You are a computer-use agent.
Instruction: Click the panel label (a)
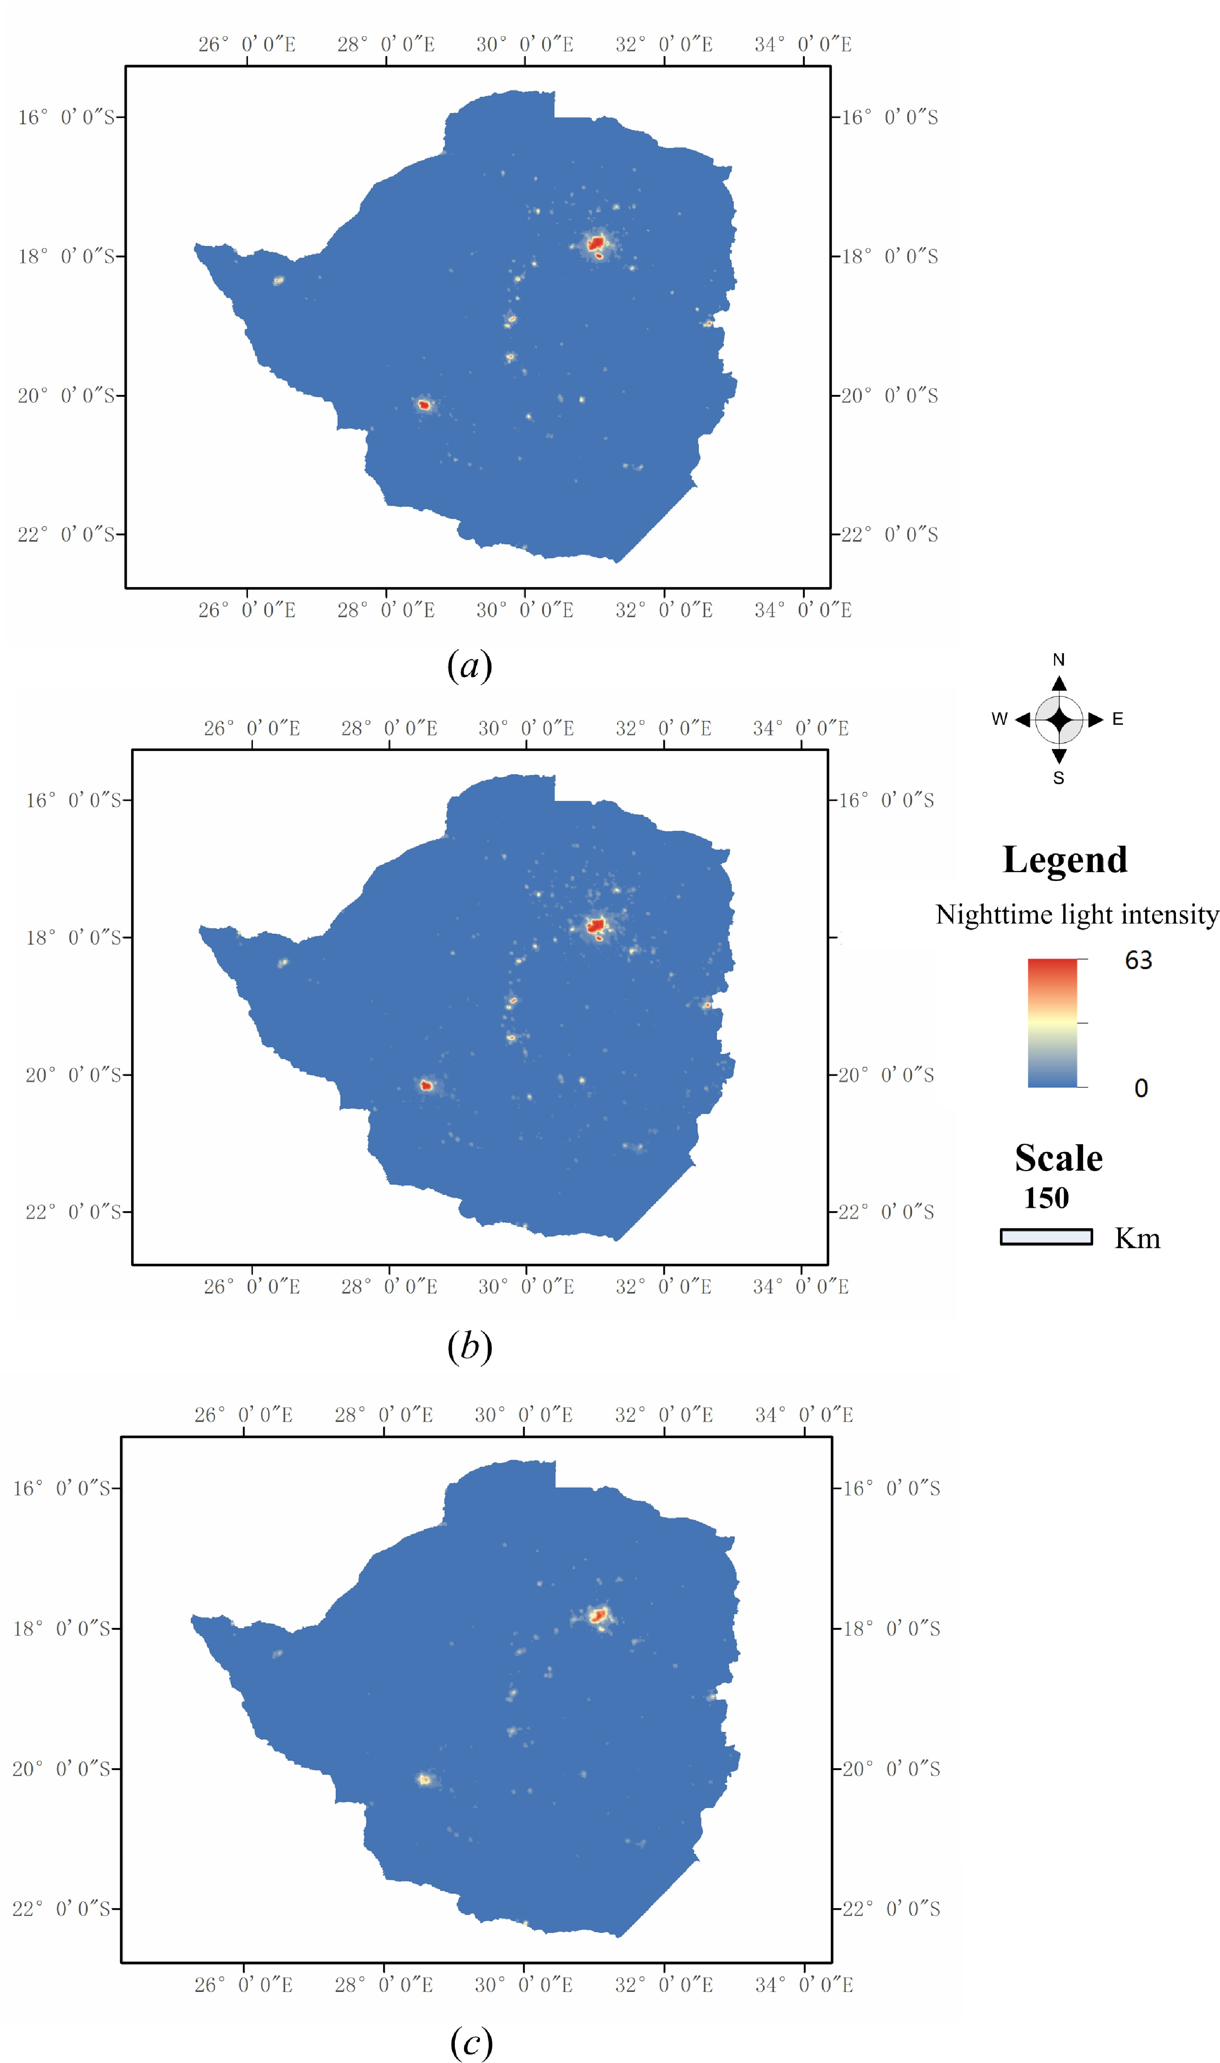coord(469,665)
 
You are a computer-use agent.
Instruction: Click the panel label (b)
coord(469,1346)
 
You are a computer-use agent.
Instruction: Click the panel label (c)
coord(471,2042)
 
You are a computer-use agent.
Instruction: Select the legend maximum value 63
coord(1139,960)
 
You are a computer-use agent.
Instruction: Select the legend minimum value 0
coord(1141,1088)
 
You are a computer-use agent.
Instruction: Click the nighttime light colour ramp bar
coord(1052,1023)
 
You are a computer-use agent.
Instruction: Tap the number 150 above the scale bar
coord(1046,1198)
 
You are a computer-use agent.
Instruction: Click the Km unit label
coord(1137,1238)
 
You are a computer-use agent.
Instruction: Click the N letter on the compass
coord(1059,659)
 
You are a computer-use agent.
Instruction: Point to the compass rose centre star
coord(1059,720)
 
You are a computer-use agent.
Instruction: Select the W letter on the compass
coord(999,719)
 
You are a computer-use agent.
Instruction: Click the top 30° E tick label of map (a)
coord(525,44)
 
